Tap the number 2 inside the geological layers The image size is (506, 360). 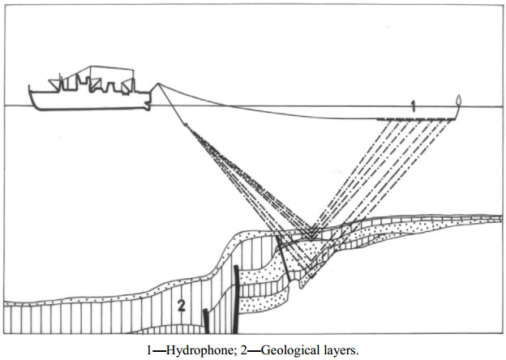pyautogui.click(x=183, y=306)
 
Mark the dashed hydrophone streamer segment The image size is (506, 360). pyautogui.click(x=417, y=120)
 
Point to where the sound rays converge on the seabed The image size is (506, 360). pyautogui.click(x=311, y=235)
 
